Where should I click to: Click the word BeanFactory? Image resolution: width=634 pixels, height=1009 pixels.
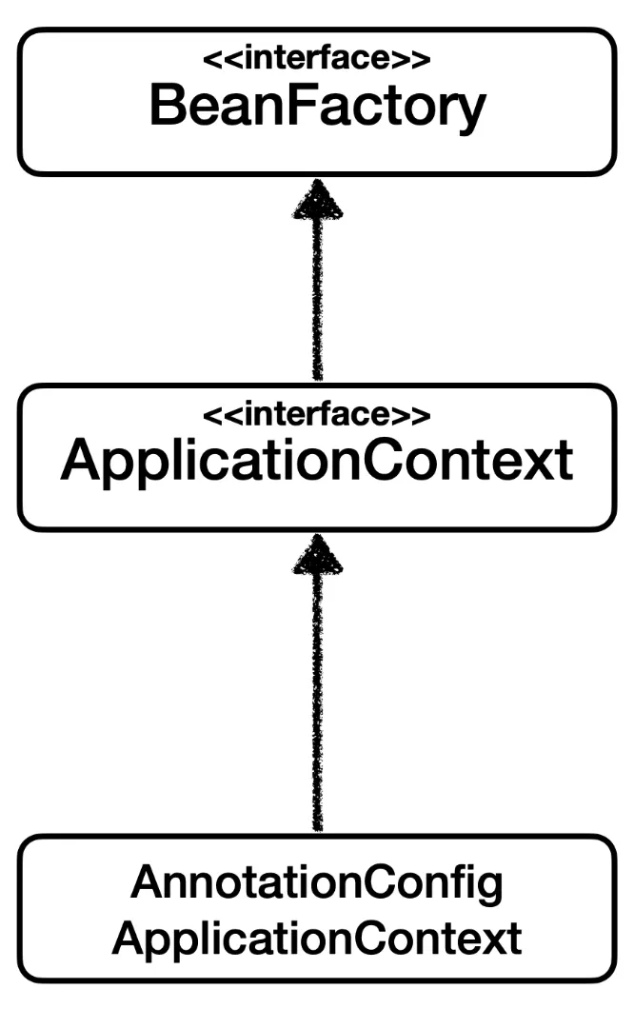click(x=317, y=107)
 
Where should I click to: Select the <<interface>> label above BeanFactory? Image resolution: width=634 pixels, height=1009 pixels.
click(x=317, y=58)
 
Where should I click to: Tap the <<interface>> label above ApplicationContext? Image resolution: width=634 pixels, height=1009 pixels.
click(x=317, y=414)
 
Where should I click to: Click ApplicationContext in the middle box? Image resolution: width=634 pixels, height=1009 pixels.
click(x=317, y=463)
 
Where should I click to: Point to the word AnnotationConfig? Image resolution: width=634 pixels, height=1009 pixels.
click(x=317, y=884)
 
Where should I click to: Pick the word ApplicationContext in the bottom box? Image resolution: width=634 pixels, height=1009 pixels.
click(x=317, y=939)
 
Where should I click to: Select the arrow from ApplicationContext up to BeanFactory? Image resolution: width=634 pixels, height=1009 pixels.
click(x=317, y=286)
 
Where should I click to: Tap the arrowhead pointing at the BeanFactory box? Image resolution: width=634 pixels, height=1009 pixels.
click(x=317, y=200)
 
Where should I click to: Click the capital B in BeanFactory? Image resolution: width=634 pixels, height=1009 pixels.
click(x=168, y=107)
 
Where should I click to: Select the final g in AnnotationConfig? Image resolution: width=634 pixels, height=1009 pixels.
click(x=489, y=888)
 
